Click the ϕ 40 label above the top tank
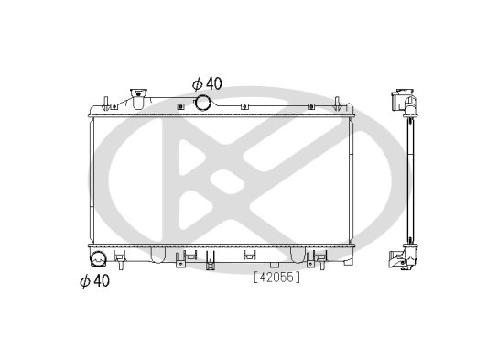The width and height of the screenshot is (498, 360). pyautogui.click(x=207, y=83)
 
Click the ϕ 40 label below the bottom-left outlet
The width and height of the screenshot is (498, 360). pyautogui.click(x=94, y=280)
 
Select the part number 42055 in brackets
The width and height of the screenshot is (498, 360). pyautogui.click(x=276, y=278)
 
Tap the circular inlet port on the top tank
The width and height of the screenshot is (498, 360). pyautogui.click(x=202, y=103)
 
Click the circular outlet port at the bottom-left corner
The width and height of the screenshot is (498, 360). pyautogui.click(x=98, y=259)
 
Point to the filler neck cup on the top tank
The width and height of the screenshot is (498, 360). pyautogui.click(x=138, y=99)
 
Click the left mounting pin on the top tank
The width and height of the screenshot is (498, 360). pyautogui.click(x=106, y=104)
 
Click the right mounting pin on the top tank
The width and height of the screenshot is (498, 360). pyautogui.click(x=337, y=104)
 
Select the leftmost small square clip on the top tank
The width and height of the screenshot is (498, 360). pyautogui.click(x=114, y=107)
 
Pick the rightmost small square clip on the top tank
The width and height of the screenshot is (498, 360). pyautogui.click(x=311, y=107)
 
